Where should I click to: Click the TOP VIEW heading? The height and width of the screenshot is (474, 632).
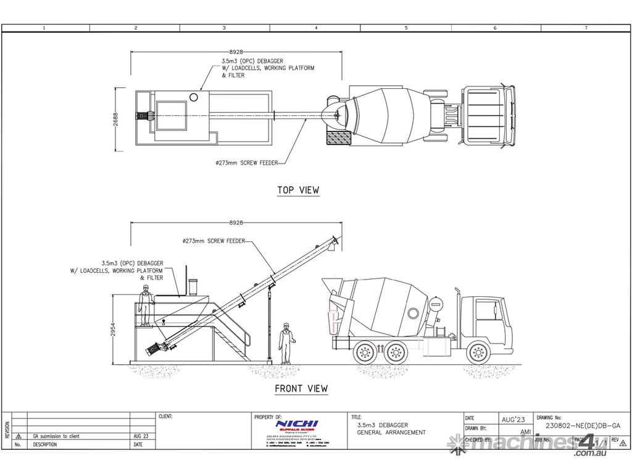tap(298, 190)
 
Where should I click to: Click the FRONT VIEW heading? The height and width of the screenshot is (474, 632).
tap(301, 389)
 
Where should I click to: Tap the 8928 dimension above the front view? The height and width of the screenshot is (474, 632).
tap(236, 222)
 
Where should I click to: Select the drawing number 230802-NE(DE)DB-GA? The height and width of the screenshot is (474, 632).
tap(583, 425)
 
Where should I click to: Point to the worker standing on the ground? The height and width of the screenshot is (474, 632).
tap(285, 343)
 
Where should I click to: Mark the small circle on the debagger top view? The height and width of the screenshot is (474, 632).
tap(194, 97)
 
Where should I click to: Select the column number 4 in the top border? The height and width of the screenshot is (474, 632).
tap(315, 28)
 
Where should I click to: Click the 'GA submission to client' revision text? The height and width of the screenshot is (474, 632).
tap(56, 436)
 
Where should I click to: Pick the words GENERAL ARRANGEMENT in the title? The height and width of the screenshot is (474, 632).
tap(391, 433)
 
